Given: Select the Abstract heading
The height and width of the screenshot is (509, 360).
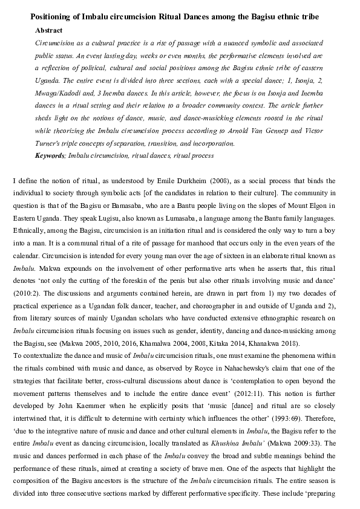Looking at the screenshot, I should click(50, 30).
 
